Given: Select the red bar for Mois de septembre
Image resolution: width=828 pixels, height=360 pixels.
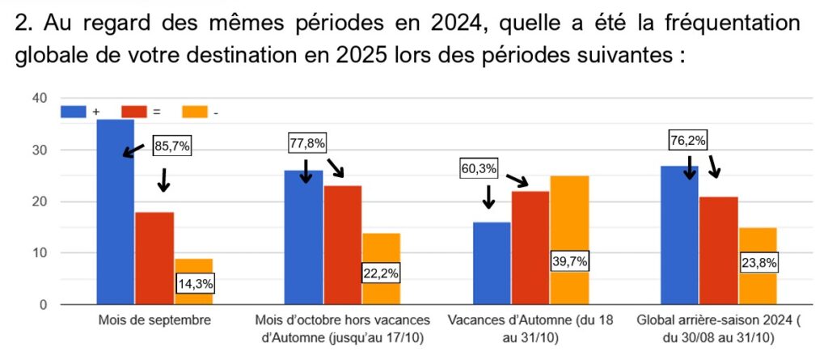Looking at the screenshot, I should pyautogui.click(x=154, y=258).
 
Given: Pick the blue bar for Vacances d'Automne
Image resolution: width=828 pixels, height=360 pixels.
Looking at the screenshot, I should pyautogui.click(x=491, y=263).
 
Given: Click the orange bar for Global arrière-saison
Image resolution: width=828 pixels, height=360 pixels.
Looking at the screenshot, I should pyautogui.click(x=758, y=243).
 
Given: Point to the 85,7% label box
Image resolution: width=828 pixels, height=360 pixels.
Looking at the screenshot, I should pyautogui.click(x=173, y=148).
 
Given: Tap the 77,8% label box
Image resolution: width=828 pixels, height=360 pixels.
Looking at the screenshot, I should pyautogui.click(x=307, y=144).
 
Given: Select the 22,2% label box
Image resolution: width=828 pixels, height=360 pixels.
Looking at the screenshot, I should pyautogui.click(x=380, y=273).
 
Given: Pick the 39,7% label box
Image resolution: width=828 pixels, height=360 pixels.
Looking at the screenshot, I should pyautogui.click(x=571, y=262).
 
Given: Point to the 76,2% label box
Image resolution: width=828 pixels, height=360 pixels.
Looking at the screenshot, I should pyautogui.click(x=689, y=141).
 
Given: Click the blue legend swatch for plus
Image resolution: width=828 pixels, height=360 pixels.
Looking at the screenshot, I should pyautogui.click(x=74, y=112).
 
